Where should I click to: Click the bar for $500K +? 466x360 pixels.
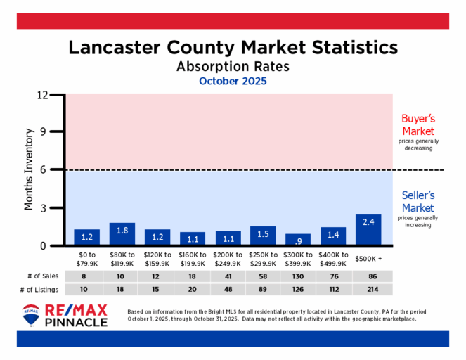coord(368,230)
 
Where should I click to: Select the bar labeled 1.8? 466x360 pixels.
coord(122,234)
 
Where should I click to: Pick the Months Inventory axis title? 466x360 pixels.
coord(30,169)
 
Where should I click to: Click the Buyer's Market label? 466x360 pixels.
coord(418,125)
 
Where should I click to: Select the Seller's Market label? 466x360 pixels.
coord(418,202)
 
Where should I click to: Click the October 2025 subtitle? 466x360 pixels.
coord(233,82)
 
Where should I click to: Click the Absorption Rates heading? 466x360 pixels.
coord(233,66)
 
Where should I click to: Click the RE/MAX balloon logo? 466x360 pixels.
coord(31,316)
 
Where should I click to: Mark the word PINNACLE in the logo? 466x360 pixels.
coord(77,322)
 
